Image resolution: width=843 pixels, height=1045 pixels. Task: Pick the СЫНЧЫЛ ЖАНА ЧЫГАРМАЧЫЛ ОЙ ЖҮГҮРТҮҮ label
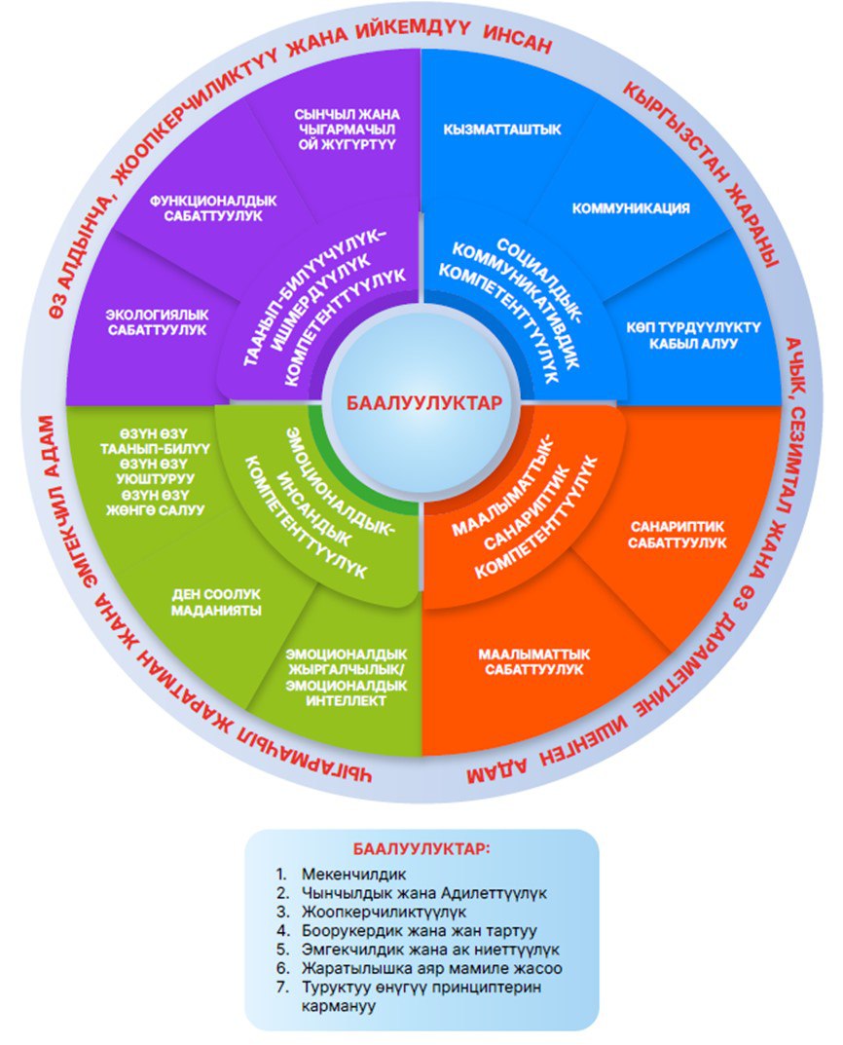coord(328,130)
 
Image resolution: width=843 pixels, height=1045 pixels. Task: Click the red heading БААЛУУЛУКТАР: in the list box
coord(421,848)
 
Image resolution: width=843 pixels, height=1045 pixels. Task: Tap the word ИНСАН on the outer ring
coord(516,44)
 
